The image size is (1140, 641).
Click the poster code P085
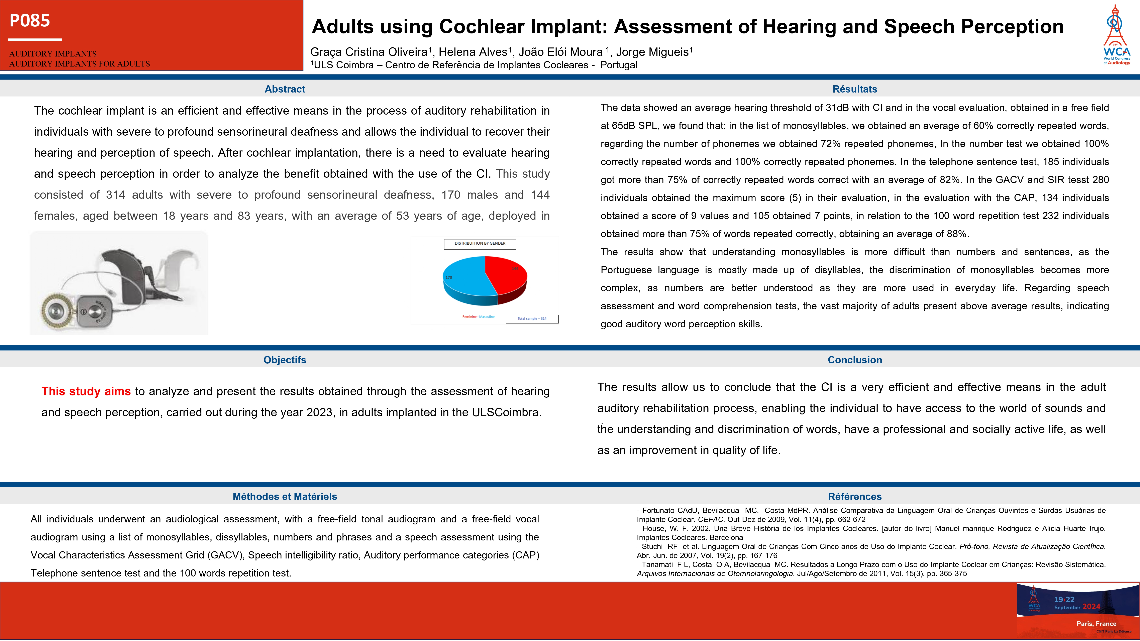click(x=30, y=20)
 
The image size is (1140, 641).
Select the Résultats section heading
click(x=855, y=89)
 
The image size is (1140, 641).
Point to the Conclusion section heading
click(x=855, y=360)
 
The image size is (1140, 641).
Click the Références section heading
click(x=855, y=496)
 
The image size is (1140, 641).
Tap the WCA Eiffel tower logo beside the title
click(x=1116, y=35)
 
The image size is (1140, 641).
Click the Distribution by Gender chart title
click(x=480, y=243)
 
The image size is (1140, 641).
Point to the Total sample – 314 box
click(x=532, y=318)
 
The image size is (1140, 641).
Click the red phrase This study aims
click(x=86, y=391)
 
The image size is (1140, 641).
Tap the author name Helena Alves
click(x=473, y=52)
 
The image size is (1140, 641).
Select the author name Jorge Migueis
click(x=652, y=52)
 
